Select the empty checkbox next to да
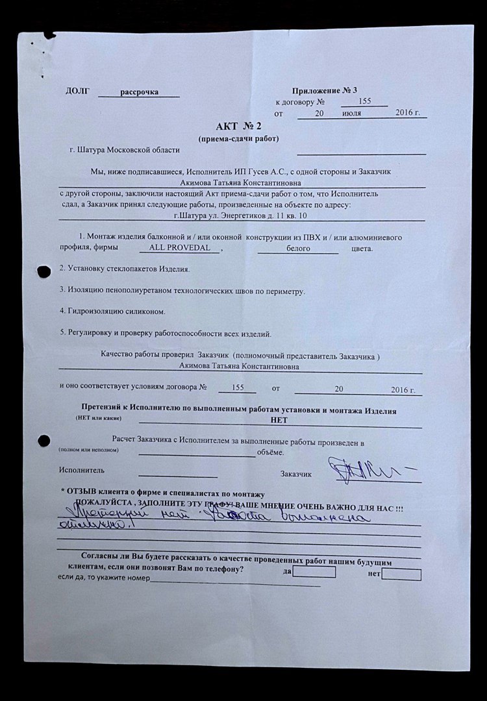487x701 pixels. coord(314,572)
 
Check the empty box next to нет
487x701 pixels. coord(401,574)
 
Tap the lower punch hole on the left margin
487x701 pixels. coord(44,439)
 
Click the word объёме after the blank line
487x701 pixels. coord(270,452)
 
